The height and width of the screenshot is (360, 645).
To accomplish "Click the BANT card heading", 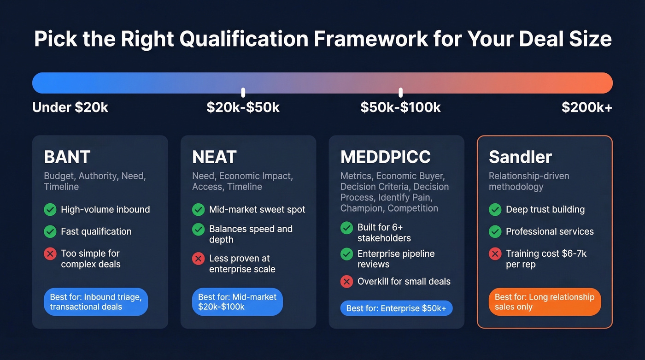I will [67, 157].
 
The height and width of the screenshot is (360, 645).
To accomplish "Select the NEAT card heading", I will [214, 157].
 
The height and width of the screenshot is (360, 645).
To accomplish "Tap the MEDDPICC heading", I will [385, 157].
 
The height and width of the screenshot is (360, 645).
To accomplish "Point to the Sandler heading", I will [520, 157].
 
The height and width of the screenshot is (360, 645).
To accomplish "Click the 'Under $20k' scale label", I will [70, 108].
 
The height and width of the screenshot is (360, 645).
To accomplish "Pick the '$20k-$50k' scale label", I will [243, 108].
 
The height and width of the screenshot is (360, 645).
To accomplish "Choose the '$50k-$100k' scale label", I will [400, 108].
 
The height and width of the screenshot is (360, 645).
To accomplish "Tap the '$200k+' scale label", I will [586, 108].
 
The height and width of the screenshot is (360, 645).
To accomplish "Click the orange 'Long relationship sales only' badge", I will [545, 302].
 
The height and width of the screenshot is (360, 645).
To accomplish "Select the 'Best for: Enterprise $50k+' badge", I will [396, 308].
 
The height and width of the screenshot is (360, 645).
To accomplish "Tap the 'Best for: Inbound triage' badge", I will [96, 302].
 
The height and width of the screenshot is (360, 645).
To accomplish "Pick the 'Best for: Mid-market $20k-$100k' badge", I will [237, 302].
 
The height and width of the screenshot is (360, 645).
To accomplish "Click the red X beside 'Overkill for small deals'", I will [346, 282].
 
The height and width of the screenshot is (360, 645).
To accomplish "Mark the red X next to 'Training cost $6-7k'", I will [495, 254].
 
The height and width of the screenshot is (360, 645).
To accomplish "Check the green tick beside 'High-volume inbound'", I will [50, 210].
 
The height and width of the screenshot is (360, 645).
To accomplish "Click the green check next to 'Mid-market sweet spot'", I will [198, 210].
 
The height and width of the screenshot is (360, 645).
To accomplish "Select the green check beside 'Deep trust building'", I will [495, 210].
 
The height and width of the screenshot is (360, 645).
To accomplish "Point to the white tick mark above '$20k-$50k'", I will [243, 92].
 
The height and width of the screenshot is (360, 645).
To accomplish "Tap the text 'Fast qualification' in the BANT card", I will [96, 231].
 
